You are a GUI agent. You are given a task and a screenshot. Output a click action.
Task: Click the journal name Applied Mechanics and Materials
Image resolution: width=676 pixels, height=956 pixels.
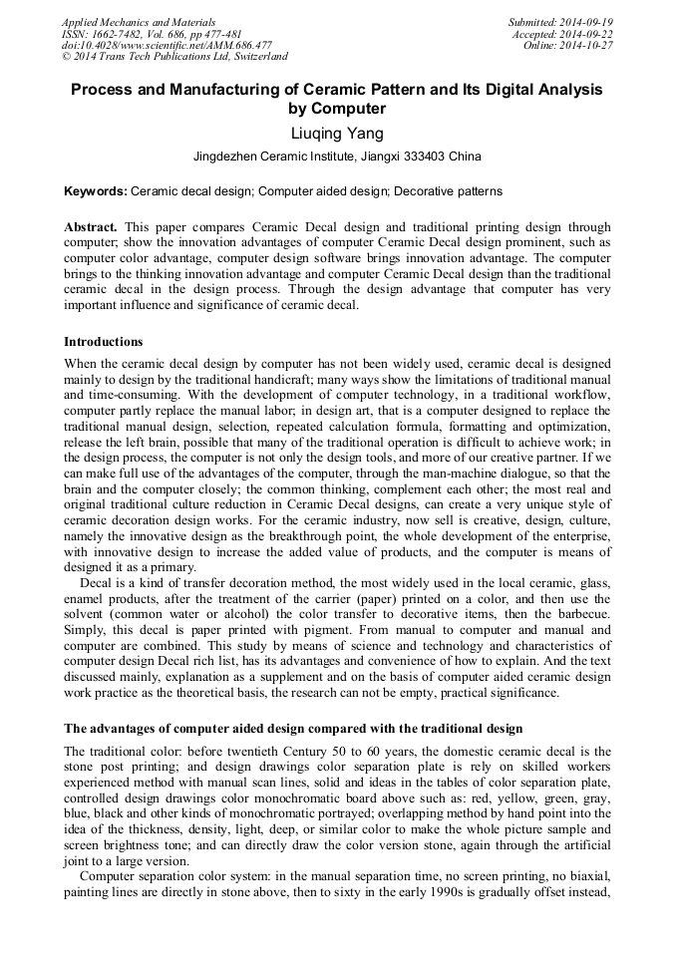[x=138, y=21]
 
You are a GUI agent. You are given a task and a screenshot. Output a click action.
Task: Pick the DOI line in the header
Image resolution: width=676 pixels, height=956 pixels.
[x=167, y=45]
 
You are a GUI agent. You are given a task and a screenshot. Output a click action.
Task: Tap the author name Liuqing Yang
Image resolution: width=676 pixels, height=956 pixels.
[x=337, y=133]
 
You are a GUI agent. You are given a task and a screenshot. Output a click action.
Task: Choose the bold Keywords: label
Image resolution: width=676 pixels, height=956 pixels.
[x=96, y=190]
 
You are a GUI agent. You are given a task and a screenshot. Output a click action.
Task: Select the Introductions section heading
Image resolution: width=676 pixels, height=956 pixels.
[x=103, y=342]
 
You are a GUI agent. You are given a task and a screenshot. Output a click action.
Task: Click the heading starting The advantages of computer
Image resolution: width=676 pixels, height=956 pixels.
[x=293, y=729]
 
